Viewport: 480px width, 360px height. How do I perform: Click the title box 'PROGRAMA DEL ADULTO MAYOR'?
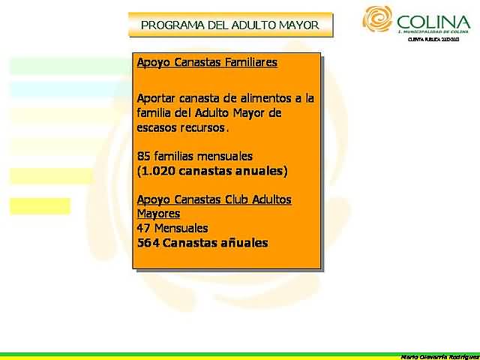tap(230, 25)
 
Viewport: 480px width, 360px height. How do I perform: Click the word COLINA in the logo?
tap(434, 21)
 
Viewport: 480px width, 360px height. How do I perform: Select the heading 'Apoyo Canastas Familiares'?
tap(207, 62)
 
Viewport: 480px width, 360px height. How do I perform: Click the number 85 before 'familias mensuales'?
tap(145, 156)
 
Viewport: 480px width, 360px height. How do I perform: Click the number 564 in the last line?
tap(148, 243)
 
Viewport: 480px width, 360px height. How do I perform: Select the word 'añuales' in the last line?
tap(243, 243)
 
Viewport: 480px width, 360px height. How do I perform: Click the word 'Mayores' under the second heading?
tap(158, 214)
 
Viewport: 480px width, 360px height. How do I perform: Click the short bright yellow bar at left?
tap(40, 205)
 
